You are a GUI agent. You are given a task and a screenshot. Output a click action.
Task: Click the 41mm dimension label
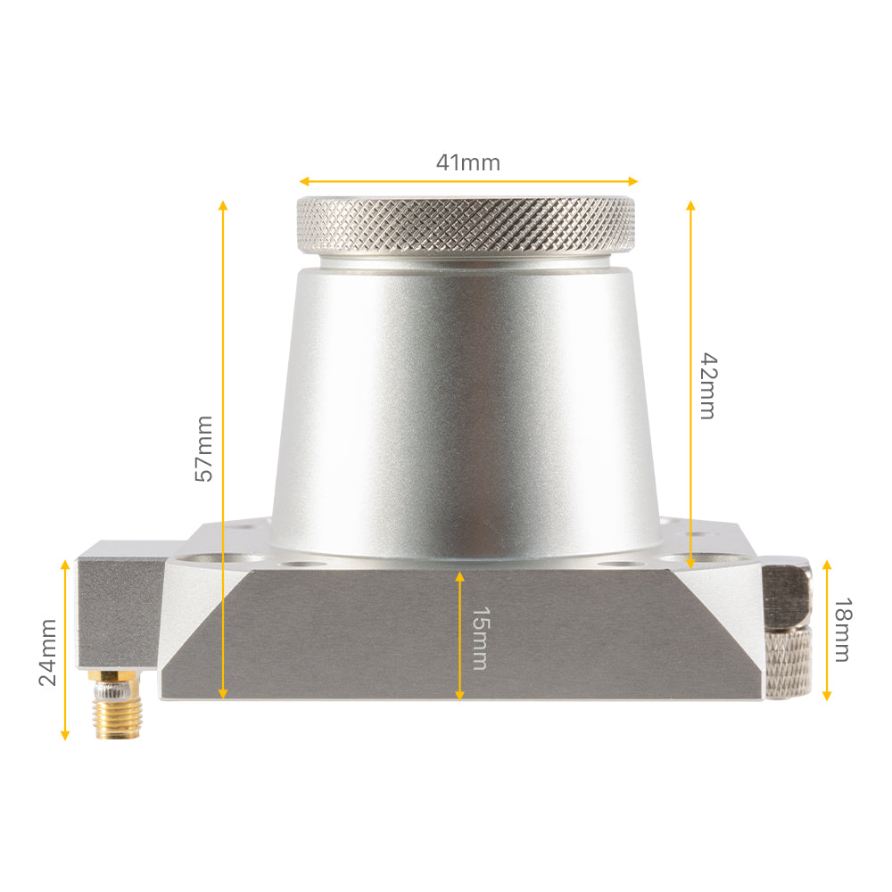tap(467, 163)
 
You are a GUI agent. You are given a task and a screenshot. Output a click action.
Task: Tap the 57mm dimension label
tap(204, 448)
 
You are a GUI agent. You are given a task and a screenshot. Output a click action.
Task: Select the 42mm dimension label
tap(706, 385)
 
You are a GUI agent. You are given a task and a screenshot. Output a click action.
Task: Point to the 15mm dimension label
tap(479, 638)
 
